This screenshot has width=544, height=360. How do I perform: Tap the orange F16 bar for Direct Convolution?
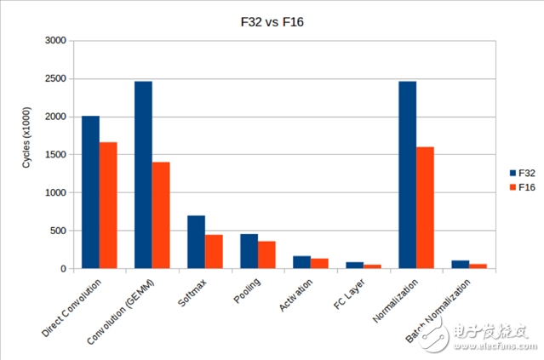(108, 205)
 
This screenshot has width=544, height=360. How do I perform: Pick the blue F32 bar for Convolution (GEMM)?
(143, 174)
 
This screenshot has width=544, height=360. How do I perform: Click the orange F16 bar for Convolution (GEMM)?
(161, 215)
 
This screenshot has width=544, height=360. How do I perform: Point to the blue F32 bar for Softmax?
(196, 243)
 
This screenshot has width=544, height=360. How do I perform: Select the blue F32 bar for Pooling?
(249, 251)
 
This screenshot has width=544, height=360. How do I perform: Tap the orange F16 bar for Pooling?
(266, 255)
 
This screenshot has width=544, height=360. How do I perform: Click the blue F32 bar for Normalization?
(408, 174)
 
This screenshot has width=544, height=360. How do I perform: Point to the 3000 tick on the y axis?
(54, 41)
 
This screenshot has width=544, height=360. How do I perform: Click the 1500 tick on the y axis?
(54, 155)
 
